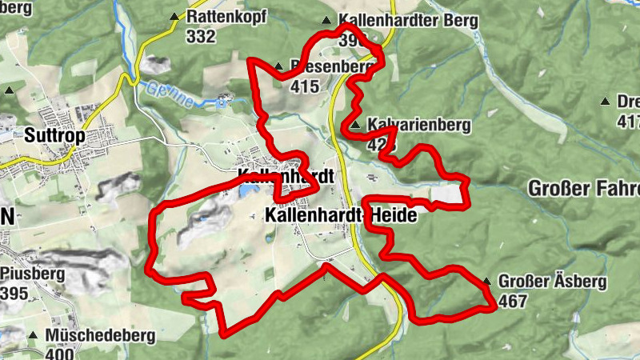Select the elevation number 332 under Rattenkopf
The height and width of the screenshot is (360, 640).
tap(199, 36)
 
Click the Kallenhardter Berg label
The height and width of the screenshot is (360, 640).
tap(408, 20)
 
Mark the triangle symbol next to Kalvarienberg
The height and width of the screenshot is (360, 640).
tap(354, 126)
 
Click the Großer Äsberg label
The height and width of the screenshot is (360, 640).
tap(552, 282)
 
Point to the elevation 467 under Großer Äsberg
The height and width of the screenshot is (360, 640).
tap(513, 302)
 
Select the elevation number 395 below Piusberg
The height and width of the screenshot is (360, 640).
tap(15, 294)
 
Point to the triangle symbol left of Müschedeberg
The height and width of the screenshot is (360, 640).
tap(33, 335)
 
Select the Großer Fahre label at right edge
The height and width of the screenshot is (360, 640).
tap(584, 190)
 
